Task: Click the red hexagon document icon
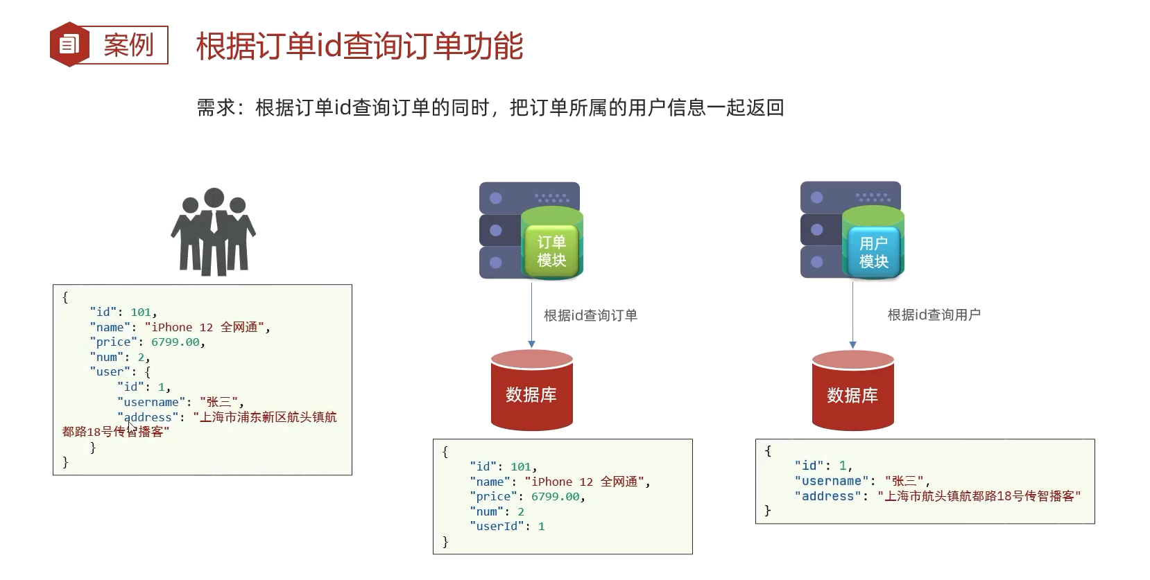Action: pyautogui.click(x=69, y=44)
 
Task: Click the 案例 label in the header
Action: pyautogui.click(x=129, y=46)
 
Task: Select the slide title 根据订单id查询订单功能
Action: pyautogui.click(x=359, y=46)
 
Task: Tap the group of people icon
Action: pyautogui.click(x=214, y=231)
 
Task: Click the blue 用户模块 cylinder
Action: pyautogui.click(x=873, y=245)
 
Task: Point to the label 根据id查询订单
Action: pyautogui.click(x=590, y=315)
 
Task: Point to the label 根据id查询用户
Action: pyautogui.click(x=934, y=315)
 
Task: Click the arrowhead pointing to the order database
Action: pyautogui.click(x=531, y=344)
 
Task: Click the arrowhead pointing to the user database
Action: pyautogui.click(x=852, y=344)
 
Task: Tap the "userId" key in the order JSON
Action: pyautogui.click(x=497, y=527)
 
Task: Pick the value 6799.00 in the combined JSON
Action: pyautogui.click(x=175, y=342)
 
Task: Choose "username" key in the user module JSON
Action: pyautogui.click(x=832, y=481)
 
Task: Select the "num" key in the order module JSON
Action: pyautogui.click(x=487, y=511)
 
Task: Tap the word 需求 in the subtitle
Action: pyautogui.click(x=216, y=108)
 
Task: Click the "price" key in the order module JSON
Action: pyautogui.click(x=493, y=497)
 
